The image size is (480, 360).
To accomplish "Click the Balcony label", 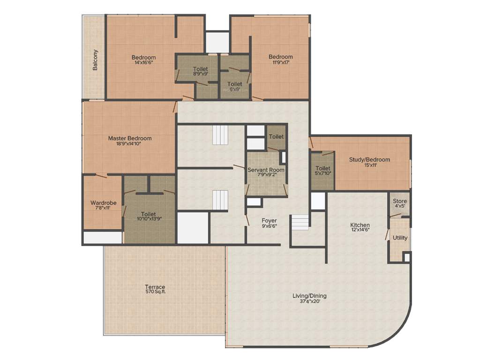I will [x=95, y=60].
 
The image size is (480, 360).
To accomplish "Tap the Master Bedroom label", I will [x=130, y=138].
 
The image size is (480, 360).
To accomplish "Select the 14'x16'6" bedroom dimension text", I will [x=143, y=62].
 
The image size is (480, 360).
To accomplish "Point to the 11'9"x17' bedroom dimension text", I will [x=281, y=62].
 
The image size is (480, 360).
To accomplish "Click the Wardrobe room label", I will [x=103, y=203].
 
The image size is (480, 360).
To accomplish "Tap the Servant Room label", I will [x=266, y=170].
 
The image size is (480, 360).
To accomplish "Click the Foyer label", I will [x=269, y=220].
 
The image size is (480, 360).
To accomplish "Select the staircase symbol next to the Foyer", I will [x=300, y=222].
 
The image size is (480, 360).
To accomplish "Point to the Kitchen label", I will [x=360, y=225].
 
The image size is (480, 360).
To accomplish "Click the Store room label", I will [x=400, y=201].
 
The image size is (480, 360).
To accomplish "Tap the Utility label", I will [x=400, y=238].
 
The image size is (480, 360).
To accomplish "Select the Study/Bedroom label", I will [x=369, y=159].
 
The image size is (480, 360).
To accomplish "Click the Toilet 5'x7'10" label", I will [x=323, y=168].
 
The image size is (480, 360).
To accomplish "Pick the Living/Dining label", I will [x=309, y=296].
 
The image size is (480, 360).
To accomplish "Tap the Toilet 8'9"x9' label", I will [x=200, y=69].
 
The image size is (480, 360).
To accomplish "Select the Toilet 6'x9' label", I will [x=235, y=84].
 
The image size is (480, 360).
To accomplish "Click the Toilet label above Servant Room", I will [x=276, y=136].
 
